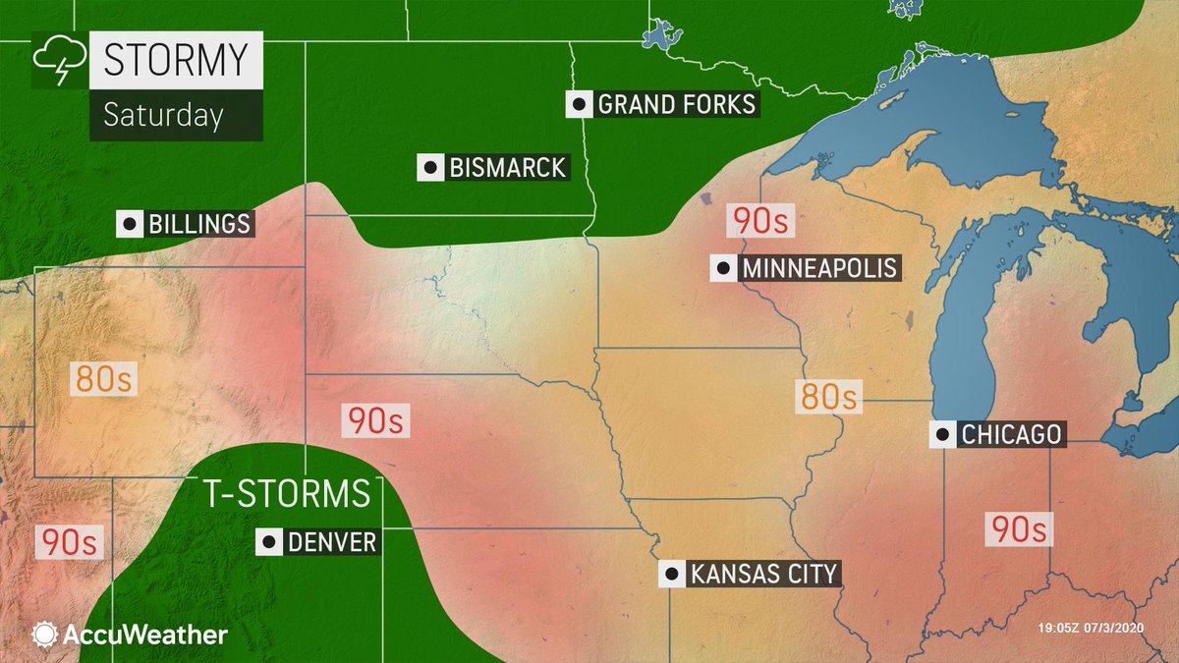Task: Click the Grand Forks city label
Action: coord(676,104)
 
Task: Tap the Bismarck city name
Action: coord(506,168)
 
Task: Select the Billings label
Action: coord(198,224)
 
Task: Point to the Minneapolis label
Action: coord(817,268)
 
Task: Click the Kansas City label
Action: coord(762,574)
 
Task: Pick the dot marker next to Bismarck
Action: coord(429,168)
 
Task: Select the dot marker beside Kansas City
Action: coord(671,574)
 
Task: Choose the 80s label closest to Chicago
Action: coord(828,397)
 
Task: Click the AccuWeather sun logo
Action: coord(45,635)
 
